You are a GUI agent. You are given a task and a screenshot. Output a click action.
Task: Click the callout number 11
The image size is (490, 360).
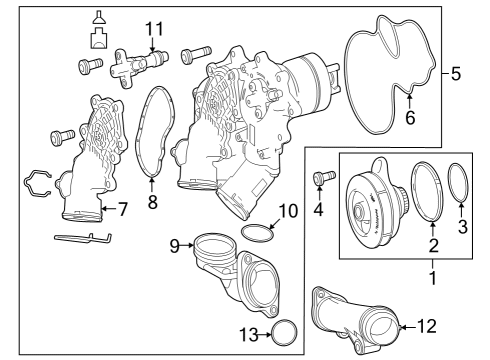[155, 29]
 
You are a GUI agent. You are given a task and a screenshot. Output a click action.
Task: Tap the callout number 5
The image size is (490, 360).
[456, 74]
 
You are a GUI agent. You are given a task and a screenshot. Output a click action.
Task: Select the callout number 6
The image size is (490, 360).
[410, 117]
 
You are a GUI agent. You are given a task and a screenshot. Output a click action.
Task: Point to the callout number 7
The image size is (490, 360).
[123, 209]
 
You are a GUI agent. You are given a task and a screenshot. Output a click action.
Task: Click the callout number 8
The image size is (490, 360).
[152, 202]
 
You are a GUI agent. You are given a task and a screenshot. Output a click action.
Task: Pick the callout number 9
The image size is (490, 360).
[175, 246]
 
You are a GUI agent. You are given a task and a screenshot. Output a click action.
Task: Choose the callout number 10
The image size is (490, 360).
[289, 211]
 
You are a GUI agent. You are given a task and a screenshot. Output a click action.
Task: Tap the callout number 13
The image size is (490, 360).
[249, 335]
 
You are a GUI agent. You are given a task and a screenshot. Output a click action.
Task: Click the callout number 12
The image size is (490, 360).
[427, 326]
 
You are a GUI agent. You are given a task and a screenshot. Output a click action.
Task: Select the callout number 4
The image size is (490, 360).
[319, 209]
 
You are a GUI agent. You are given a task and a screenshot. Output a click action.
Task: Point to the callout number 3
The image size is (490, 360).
[463, 226]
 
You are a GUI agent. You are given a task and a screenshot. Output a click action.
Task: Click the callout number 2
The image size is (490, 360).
[433, 246]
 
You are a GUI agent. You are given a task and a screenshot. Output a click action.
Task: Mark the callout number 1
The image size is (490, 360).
[433, 278]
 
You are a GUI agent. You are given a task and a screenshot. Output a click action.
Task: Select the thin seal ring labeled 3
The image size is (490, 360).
[449, 183]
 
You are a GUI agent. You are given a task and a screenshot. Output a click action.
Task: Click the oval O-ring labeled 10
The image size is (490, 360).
[257, 226]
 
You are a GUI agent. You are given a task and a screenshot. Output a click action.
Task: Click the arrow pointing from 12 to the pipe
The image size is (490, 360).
[407, 327]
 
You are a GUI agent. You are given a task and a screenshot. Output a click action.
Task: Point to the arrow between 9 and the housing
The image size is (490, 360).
[188, 246]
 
